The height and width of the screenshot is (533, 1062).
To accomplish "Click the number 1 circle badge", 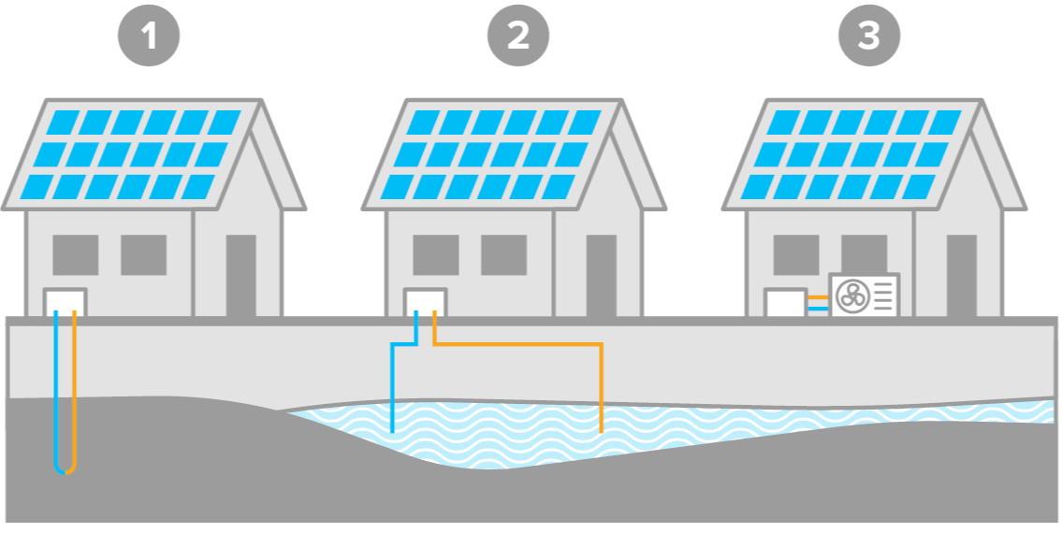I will tap(148, 36).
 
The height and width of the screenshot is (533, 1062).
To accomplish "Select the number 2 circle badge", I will tap(517, 36).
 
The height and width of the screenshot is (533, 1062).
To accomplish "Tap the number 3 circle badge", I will tap(869, 36).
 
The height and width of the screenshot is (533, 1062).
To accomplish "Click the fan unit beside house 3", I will tap(865, 296).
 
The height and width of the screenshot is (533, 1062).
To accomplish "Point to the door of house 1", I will tap(240, 275).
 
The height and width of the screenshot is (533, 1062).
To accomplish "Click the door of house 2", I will tap(601, 275).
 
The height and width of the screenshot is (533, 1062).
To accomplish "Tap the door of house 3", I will tap(961, 275).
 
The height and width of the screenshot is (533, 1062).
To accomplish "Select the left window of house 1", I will tap(75, 254).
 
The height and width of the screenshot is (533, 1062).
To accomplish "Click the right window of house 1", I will tap(143, 254).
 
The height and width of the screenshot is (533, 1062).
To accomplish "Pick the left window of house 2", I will tap(435, 254).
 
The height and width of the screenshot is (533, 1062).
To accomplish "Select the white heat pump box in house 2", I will tap(425, 302).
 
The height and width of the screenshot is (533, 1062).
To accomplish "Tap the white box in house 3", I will tap(785, 303).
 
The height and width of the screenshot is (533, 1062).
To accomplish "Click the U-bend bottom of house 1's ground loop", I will tap(65, 470).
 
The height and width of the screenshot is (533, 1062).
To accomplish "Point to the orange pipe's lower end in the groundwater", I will tap(601, 430).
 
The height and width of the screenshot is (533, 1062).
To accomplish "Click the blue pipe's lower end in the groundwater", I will tap(392, 429).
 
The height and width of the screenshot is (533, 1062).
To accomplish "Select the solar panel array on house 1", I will tap(131, 154).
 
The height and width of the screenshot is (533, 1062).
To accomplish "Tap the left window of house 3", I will tap(795, 254).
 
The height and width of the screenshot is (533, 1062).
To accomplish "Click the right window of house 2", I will tap(503, 254).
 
